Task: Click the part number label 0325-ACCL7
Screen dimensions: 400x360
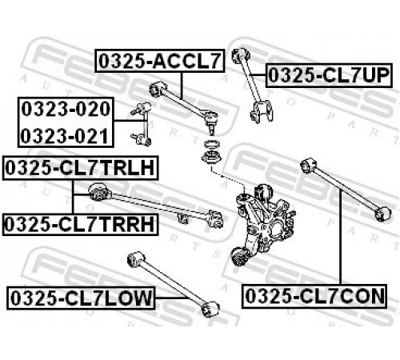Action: coord(160,61)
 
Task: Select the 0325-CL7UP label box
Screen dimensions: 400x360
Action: coord(329,75)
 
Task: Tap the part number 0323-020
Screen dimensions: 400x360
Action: coord(66,109)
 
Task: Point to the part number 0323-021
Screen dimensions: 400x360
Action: coord(65,136)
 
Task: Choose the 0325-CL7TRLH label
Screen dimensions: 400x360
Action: coord(80,168)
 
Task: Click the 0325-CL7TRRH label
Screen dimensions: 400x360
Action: coord(80,224)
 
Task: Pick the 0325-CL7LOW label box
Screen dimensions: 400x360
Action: coord(81,298)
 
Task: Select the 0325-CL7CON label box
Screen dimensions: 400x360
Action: coord(314,296)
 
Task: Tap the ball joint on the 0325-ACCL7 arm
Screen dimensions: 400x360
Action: coord(212,121)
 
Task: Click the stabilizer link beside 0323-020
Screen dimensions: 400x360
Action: coord(142,124)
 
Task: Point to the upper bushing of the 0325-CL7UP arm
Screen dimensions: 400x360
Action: coord(241,55)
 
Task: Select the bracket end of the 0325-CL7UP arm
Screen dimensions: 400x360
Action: coord(262,111)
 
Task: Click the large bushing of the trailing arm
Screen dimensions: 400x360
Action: coord(98,191)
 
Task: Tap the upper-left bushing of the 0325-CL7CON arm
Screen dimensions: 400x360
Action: coord(308,166)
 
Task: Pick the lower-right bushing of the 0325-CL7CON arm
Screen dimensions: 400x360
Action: coord(382,214)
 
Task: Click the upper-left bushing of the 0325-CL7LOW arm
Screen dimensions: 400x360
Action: coord(136,258)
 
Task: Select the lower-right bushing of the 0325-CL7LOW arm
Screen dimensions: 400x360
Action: coord(210,309)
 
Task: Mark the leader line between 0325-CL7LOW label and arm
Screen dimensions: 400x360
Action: coord(170,298)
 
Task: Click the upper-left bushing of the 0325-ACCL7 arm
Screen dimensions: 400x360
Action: coord(158,89)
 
